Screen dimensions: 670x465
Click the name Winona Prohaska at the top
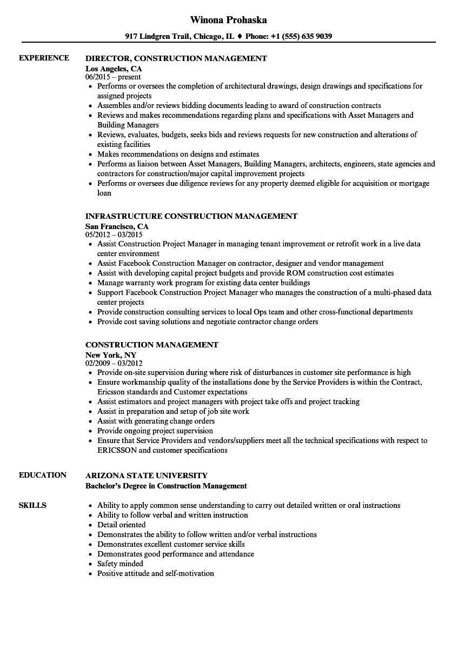pos(228,20)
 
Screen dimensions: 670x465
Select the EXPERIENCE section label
pos(44,58)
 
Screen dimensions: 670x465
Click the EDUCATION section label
pos(42,475)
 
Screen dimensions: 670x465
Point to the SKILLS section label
pos(32,505)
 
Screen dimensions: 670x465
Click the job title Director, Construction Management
pos(176,58)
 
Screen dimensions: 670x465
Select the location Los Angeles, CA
pos(114,69)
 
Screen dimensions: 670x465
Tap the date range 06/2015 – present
pos(113,77)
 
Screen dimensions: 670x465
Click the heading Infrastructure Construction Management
pos(191,216)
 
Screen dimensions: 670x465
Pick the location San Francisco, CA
pos(117,226)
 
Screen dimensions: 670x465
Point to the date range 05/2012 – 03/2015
pos(114,235)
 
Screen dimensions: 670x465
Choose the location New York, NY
pos(111,355)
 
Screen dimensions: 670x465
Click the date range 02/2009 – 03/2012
pos(114,364)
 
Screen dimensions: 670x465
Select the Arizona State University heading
pos(146,475)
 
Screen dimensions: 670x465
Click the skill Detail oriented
pos(121,525)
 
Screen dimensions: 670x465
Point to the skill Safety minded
pos(120,564)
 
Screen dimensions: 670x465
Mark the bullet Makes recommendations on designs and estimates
pos(178,154)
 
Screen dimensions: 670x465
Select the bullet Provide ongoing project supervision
pos(155,431)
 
